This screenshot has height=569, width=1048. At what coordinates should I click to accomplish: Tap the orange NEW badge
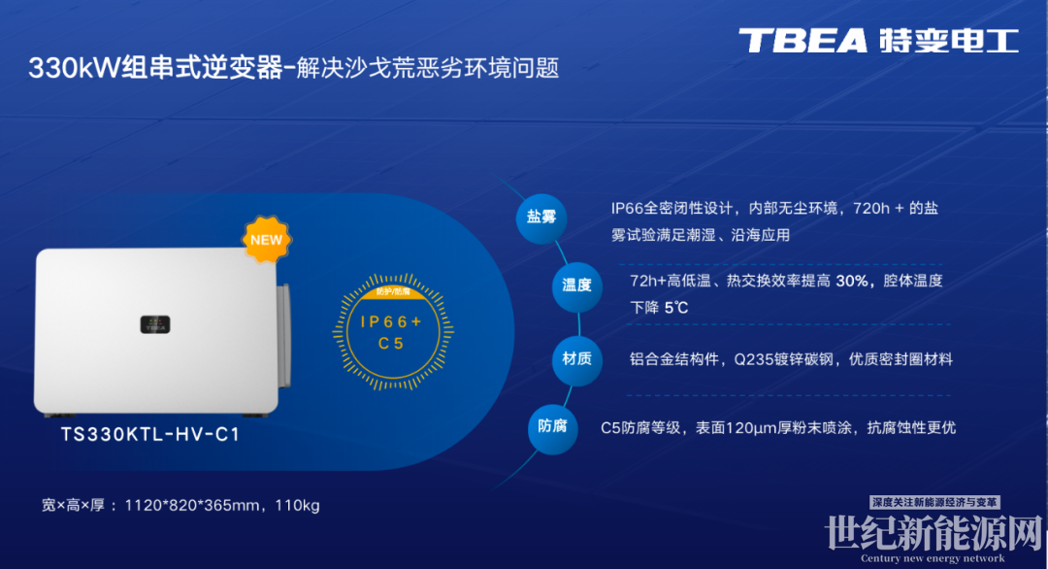(266, 240)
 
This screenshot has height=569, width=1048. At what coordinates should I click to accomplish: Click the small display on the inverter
(155, 324)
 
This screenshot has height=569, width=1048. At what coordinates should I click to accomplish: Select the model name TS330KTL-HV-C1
(150, 435)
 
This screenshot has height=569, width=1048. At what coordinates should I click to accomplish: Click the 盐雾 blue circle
(541, 218)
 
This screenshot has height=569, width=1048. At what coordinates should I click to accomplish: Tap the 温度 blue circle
(576, 286)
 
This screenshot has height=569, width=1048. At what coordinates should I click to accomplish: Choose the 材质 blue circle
(576, 359)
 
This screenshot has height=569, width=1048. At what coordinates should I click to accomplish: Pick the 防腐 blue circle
(552, 427)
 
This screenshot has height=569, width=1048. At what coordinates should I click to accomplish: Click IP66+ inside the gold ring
(392, 321)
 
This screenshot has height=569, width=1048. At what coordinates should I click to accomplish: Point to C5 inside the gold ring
(392, 344)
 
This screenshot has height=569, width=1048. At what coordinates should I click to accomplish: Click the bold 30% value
(853, 281)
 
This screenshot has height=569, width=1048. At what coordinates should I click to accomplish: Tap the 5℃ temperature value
(675, 308)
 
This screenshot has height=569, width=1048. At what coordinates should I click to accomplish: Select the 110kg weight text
(298, 506)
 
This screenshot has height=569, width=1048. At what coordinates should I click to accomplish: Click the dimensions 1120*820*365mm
(192, 506)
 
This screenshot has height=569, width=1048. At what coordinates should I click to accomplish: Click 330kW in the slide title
(74, 68)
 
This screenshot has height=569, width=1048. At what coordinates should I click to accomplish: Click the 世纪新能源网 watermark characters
(933, 534)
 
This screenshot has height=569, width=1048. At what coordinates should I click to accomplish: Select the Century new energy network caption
(933, 558)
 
